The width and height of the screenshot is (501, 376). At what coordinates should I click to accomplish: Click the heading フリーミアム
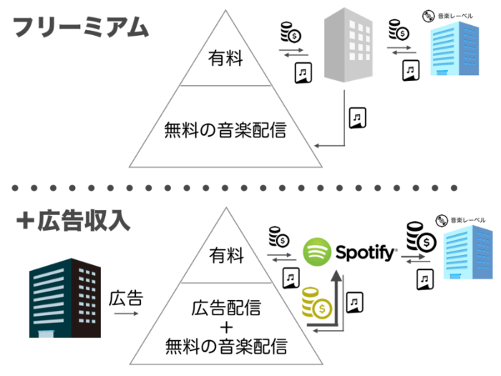click(81, 28)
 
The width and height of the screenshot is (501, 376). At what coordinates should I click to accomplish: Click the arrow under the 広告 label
click(124, 313)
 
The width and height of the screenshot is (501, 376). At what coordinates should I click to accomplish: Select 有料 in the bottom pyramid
click(225, 256)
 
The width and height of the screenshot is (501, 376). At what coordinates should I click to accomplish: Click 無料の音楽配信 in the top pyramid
click(225, 130)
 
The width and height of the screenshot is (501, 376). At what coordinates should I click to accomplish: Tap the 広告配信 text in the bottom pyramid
click(225, 309)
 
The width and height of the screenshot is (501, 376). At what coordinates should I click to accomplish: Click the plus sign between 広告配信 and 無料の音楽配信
click(225, 328)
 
